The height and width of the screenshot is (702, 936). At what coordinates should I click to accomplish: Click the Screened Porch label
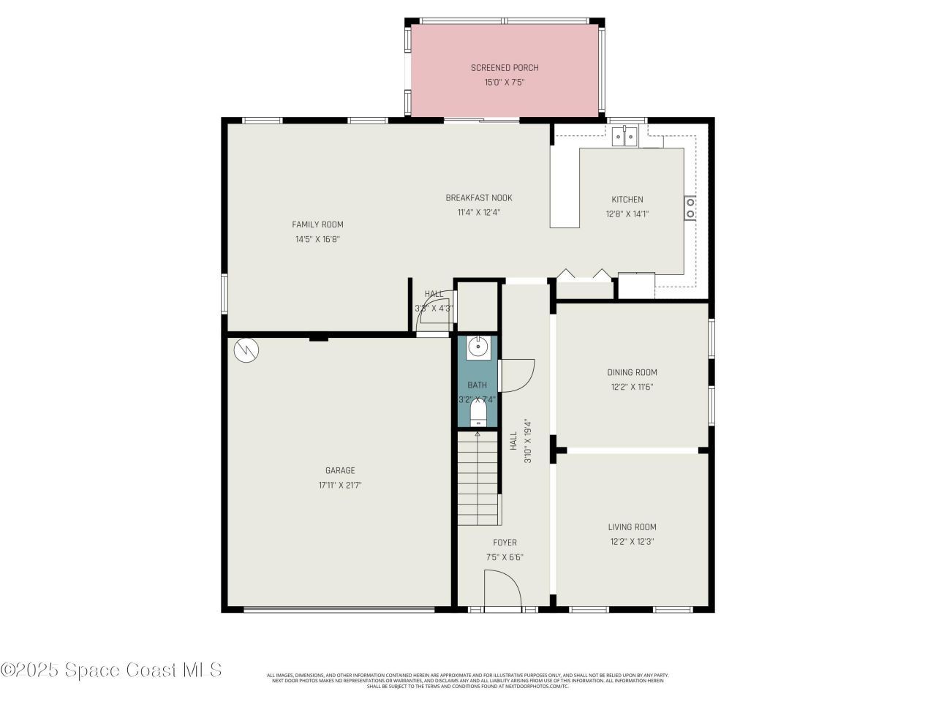(x=504, y=68)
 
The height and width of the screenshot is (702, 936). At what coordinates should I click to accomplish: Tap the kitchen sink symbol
(x=625, y=136)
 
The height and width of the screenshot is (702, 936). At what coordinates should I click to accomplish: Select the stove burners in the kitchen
(x=690, y=208)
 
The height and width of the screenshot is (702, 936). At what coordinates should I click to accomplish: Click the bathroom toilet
(x=478, y=413)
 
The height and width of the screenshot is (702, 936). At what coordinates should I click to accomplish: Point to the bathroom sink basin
(x=478, y=348)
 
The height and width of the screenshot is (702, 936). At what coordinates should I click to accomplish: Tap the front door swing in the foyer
(x=502, y=589)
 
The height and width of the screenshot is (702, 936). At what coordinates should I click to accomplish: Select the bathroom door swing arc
(x=517, y=375)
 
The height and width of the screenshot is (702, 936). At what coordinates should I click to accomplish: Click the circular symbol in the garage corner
(x=246, y=350)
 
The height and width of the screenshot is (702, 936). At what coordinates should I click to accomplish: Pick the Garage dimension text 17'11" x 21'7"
(x=340, y=485)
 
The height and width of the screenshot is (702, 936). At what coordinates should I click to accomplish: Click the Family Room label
(x=317, y=224)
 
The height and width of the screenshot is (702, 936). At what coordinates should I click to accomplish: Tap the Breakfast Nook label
(x=479, y=198)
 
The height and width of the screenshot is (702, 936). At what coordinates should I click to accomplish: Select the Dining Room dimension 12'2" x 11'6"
(x=632, y=388)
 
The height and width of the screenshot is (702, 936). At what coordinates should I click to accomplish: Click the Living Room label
(x=632, y=527)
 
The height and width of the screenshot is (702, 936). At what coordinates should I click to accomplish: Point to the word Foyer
(x=505, y=543)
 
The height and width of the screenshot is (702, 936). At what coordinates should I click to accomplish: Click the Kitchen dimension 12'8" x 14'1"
(x=627, y=214)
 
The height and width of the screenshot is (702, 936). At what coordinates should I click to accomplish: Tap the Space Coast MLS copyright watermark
(x=111, y=670)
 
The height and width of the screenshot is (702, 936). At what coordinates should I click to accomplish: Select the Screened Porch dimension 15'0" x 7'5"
(x=504, y=83)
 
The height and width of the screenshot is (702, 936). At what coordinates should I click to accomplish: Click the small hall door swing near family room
(x=437, y=315)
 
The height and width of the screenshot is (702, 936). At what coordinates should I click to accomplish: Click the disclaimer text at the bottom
(x=468, y=681)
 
